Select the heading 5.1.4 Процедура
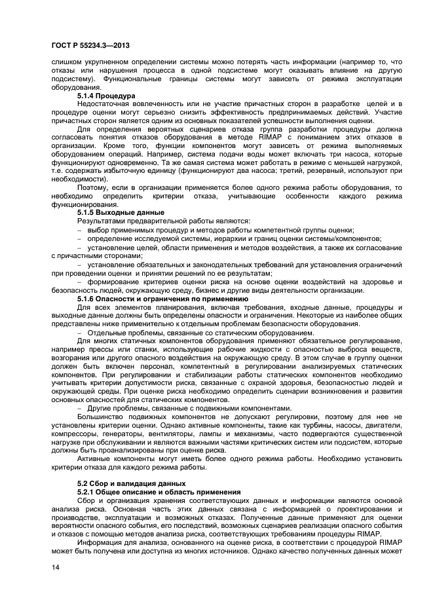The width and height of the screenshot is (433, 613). pyautogui.click(x=106, y=96)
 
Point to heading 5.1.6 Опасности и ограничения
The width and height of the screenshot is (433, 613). pyautogui.click(x=154, y=299)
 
